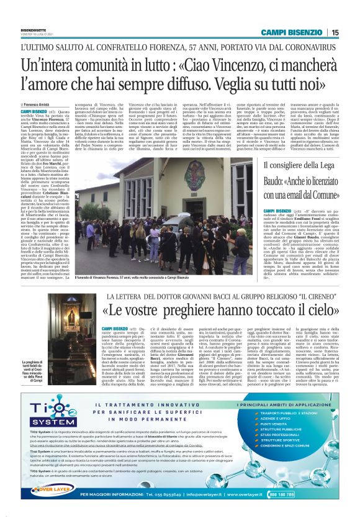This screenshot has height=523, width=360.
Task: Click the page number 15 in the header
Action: (335, 32)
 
